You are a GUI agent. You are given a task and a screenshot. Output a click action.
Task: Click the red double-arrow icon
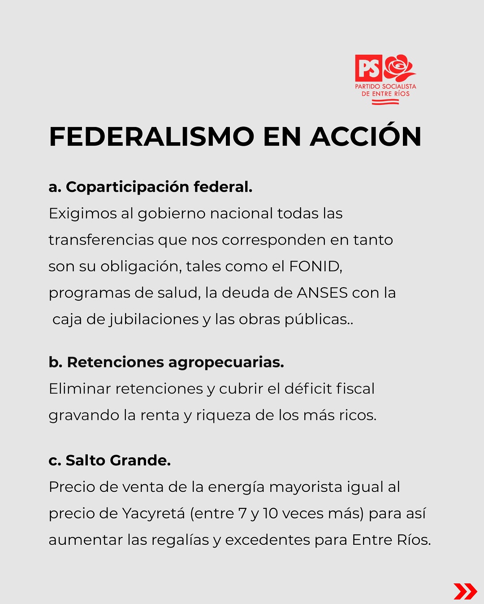click(465, 591)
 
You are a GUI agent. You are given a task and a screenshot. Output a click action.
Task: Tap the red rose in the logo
click(399, 68)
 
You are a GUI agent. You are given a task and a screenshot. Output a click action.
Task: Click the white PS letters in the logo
click(369, 68)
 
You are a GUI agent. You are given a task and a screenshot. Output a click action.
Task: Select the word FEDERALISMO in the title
click(151, 136)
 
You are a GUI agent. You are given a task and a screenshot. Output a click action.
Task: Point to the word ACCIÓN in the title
click(366, 136)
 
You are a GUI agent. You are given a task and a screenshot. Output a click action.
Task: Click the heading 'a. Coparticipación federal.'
click(151, 187)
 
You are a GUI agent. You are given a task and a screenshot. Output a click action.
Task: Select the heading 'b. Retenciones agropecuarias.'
click(166, 362)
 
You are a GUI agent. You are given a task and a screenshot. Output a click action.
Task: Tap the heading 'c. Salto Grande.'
click(110, 460)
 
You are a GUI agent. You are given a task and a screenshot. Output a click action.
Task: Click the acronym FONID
click(315, 266)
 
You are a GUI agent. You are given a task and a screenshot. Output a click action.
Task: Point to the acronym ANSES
click(323, 293)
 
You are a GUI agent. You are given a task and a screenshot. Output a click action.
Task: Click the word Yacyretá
click(154, 513)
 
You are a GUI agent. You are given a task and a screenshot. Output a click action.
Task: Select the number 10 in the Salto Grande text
click(271, 513)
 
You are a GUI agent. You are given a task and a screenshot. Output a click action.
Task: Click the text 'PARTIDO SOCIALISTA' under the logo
click(385, 86)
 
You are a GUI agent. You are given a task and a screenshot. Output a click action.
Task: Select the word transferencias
click(101, 240)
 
